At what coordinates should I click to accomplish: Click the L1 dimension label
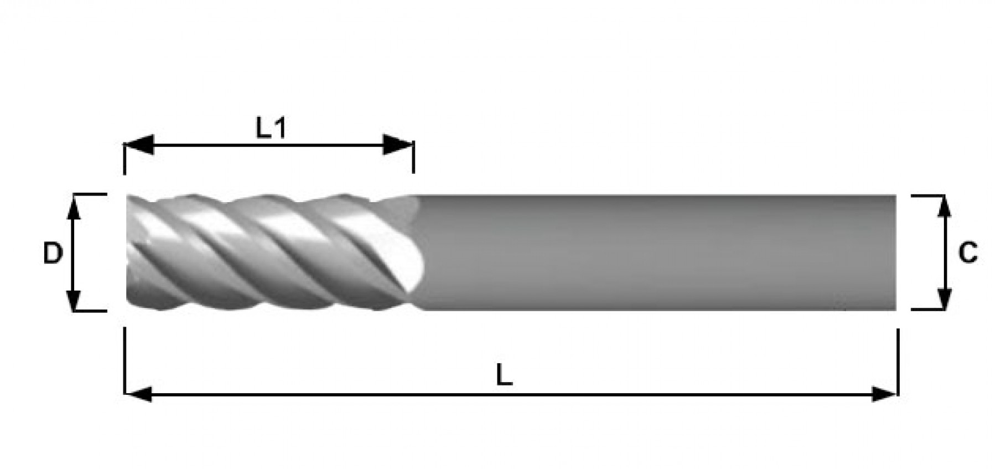[x=271, y=128]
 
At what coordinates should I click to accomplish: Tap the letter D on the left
[x=53, y=254]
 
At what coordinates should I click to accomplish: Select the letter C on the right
[x=968, y=253]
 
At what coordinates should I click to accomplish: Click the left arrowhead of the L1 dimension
[x=139, y=145]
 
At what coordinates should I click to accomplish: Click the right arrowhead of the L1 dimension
[x=399, y=145]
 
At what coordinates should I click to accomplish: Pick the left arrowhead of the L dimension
[x=138, y=394]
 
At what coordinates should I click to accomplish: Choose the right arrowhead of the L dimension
[x=884, y=394]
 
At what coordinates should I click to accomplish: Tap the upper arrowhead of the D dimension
[x=74, y=208]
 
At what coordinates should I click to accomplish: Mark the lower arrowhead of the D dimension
[x=74, y=297]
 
